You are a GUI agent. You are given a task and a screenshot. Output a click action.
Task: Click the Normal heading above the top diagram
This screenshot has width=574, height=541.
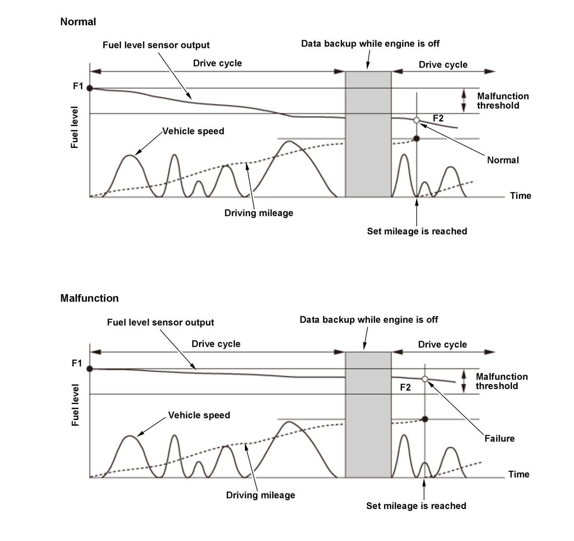pyautogui.click(x=78, y=22)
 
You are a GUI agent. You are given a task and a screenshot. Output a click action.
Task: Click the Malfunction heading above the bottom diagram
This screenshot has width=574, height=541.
pyautogui.click(x=89, y=298)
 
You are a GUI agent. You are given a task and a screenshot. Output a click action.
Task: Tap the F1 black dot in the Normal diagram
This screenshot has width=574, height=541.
pyautogui.click(x=90, y=88)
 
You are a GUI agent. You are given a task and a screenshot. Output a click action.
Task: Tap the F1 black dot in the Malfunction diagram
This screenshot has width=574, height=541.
pyautogui.click(x=90, y=369)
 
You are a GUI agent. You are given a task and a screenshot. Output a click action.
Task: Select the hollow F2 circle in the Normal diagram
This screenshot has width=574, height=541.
pyautogui.click(x=416, y=120)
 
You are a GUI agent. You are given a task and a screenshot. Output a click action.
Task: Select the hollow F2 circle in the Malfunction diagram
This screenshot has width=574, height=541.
pyautogui.click(x=425, y=379)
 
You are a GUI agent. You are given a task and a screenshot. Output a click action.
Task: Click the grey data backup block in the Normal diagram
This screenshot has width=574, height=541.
pyautogui.click(x=368, y=134)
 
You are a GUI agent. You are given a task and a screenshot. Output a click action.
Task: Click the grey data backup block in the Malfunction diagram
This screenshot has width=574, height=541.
pyautogui.click(x=368, y=414)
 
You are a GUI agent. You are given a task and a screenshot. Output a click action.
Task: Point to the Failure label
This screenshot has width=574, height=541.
pyautogui.click(x=499, y=438)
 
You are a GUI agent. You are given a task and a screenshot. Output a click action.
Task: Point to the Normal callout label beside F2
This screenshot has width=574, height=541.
pyautogui.click(x=503, y=160)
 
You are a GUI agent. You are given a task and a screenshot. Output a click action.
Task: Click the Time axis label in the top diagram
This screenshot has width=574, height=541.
pyautogui.click(x=520, y=196)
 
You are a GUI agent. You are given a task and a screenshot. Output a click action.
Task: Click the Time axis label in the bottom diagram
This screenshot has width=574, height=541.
pyautogui.click(x=519, y=474)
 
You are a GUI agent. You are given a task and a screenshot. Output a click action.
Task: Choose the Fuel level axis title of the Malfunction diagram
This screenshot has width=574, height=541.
pyautogui.click(x=75, y=405)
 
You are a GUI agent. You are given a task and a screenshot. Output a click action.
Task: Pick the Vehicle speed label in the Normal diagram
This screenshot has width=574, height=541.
pyautogui.click(x=193, y=131)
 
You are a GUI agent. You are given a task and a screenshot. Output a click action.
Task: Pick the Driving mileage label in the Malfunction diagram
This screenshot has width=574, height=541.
pyautogui.click(x=260, y=495)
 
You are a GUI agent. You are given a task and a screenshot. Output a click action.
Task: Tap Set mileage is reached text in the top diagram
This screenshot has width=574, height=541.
pyautogui.click(x=417, y=232)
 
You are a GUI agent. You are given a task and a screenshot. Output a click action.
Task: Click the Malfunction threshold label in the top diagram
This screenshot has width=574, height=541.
pyautogui.click(x=503, y=101)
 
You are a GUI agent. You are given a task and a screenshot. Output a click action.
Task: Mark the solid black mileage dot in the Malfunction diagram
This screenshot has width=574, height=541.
pyautogui.click(x=425, y=419)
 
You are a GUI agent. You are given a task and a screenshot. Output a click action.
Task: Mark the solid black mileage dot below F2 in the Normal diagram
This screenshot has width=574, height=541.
pyautogui.click(x=416, y=138)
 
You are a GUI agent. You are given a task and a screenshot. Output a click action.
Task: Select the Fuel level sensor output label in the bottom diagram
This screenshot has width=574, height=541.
pyautogui.click(x=160, y=322)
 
